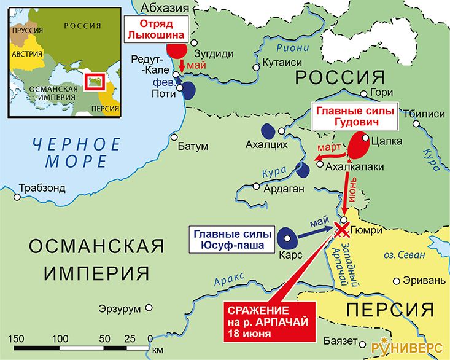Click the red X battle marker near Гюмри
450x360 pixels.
[x=341, y=231]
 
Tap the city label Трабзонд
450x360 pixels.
[x=42, y=189]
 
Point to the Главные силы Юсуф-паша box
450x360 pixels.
[x=228, y=239]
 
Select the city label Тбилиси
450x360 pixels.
[x=423, y=114]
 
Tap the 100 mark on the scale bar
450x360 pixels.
[x=60, y=338]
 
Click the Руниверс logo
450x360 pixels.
[x=406, y=346]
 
